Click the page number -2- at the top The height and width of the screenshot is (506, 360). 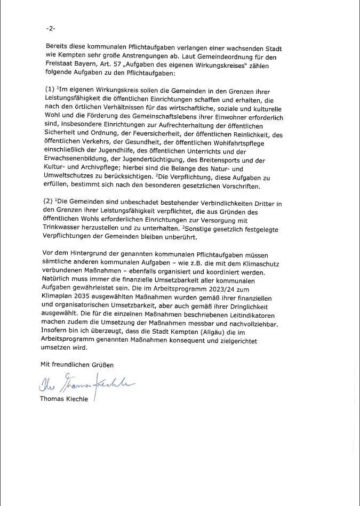tap(51, 28)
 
